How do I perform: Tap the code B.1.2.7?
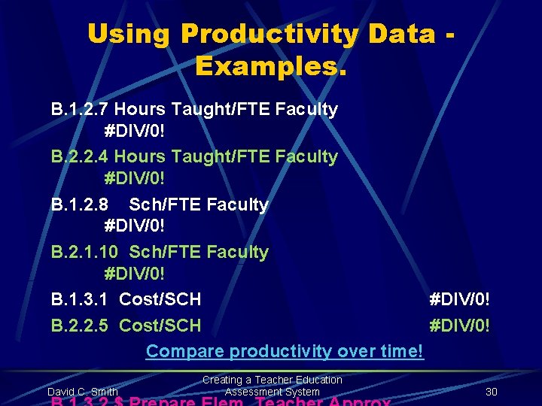(80, 110)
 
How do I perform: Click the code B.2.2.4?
(80, 157)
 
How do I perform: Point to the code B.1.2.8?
(80, 205)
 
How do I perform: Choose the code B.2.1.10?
(84, 252)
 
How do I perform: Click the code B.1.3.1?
(80, 299)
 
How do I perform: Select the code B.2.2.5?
(80, 326)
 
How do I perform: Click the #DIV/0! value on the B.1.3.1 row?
(458, 299)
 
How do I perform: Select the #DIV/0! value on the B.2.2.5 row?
(458, 326)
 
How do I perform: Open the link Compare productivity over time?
(285, 351)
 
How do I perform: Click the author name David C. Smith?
(82, 392)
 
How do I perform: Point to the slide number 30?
(492, 392)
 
